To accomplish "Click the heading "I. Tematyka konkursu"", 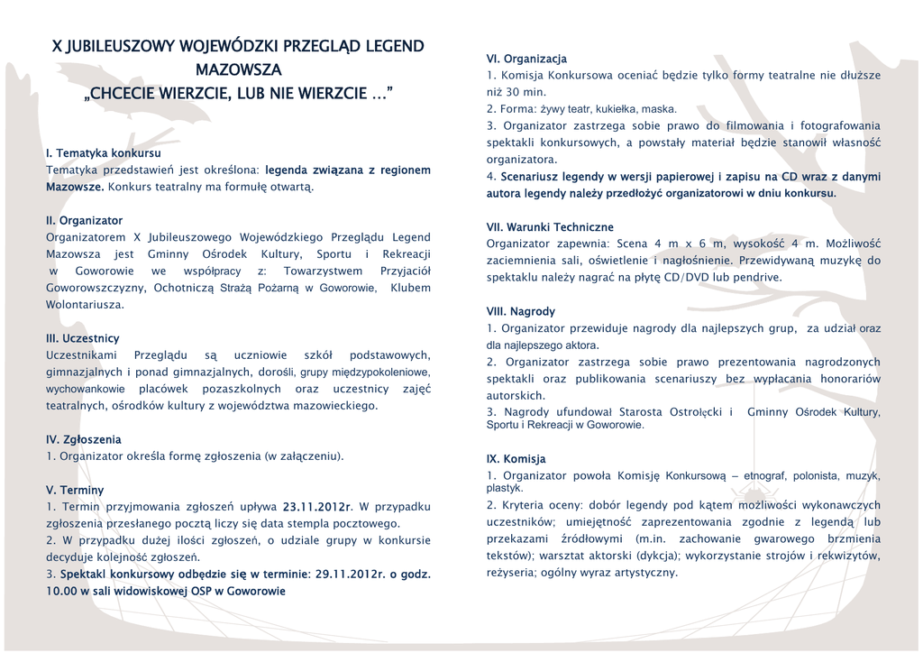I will point(103,153).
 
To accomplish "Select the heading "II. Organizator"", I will point(84,220).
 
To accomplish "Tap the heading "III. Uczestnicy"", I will point(82,338).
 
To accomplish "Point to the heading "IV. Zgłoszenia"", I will point(83,439).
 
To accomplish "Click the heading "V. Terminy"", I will point(75,490).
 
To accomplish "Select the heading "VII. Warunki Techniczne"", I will point(550,227).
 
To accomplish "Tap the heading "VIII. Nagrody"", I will point(521,311).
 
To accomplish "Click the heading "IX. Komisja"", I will point(516,458).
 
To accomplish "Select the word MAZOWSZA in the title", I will point(238,69).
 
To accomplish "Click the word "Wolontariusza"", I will point(85,305).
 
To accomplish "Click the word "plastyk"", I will point(505,488).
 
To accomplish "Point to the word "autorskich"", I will point(516,396).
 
